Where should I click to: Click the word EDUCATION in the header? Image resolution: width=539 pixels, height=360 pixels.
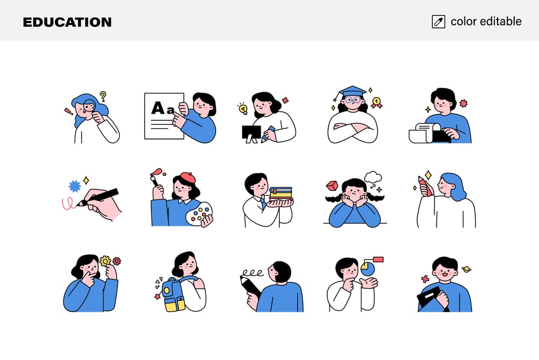pos(67,23)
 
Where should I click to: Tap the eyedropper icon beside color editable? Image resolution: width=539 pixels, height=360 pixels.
pos(438,21)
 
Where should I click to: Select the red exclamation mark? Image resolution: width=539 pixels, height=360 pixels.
pos(69,112)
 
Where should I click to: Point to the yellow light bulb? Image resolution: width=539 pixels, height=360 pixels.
pos(243,109)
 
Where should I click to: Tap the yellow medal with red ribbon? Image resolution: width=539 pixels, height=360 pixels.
pos(376,102)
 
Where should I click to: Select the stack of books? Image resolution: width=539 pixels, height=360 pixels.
pos(280,195)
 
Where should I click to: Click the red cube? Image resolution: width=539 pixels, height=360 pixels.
pos(332,186)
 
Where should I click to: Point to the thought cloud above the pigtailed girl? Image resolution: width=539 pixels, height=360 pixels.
pos(373,178)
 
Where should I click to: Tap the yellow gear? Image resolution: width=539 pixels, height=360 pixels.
pos(105,261)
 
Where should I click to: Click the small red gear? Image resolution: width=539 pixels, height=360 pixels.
pos(117,261)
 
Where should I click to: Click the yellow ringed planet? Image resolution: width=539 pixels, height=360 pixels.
pos(467,269)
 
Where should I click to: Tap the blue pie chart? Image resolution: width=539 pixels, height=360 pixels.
pos(368,269)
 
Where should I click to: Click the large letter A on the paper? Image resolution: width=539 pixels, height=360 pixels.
pos(158,108)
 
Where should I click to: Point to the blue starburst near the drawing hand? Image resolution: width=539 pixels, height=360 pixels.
pos(75,186)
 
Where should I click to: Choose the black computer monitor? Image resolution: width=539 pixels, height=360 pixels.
pos(252,134)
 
